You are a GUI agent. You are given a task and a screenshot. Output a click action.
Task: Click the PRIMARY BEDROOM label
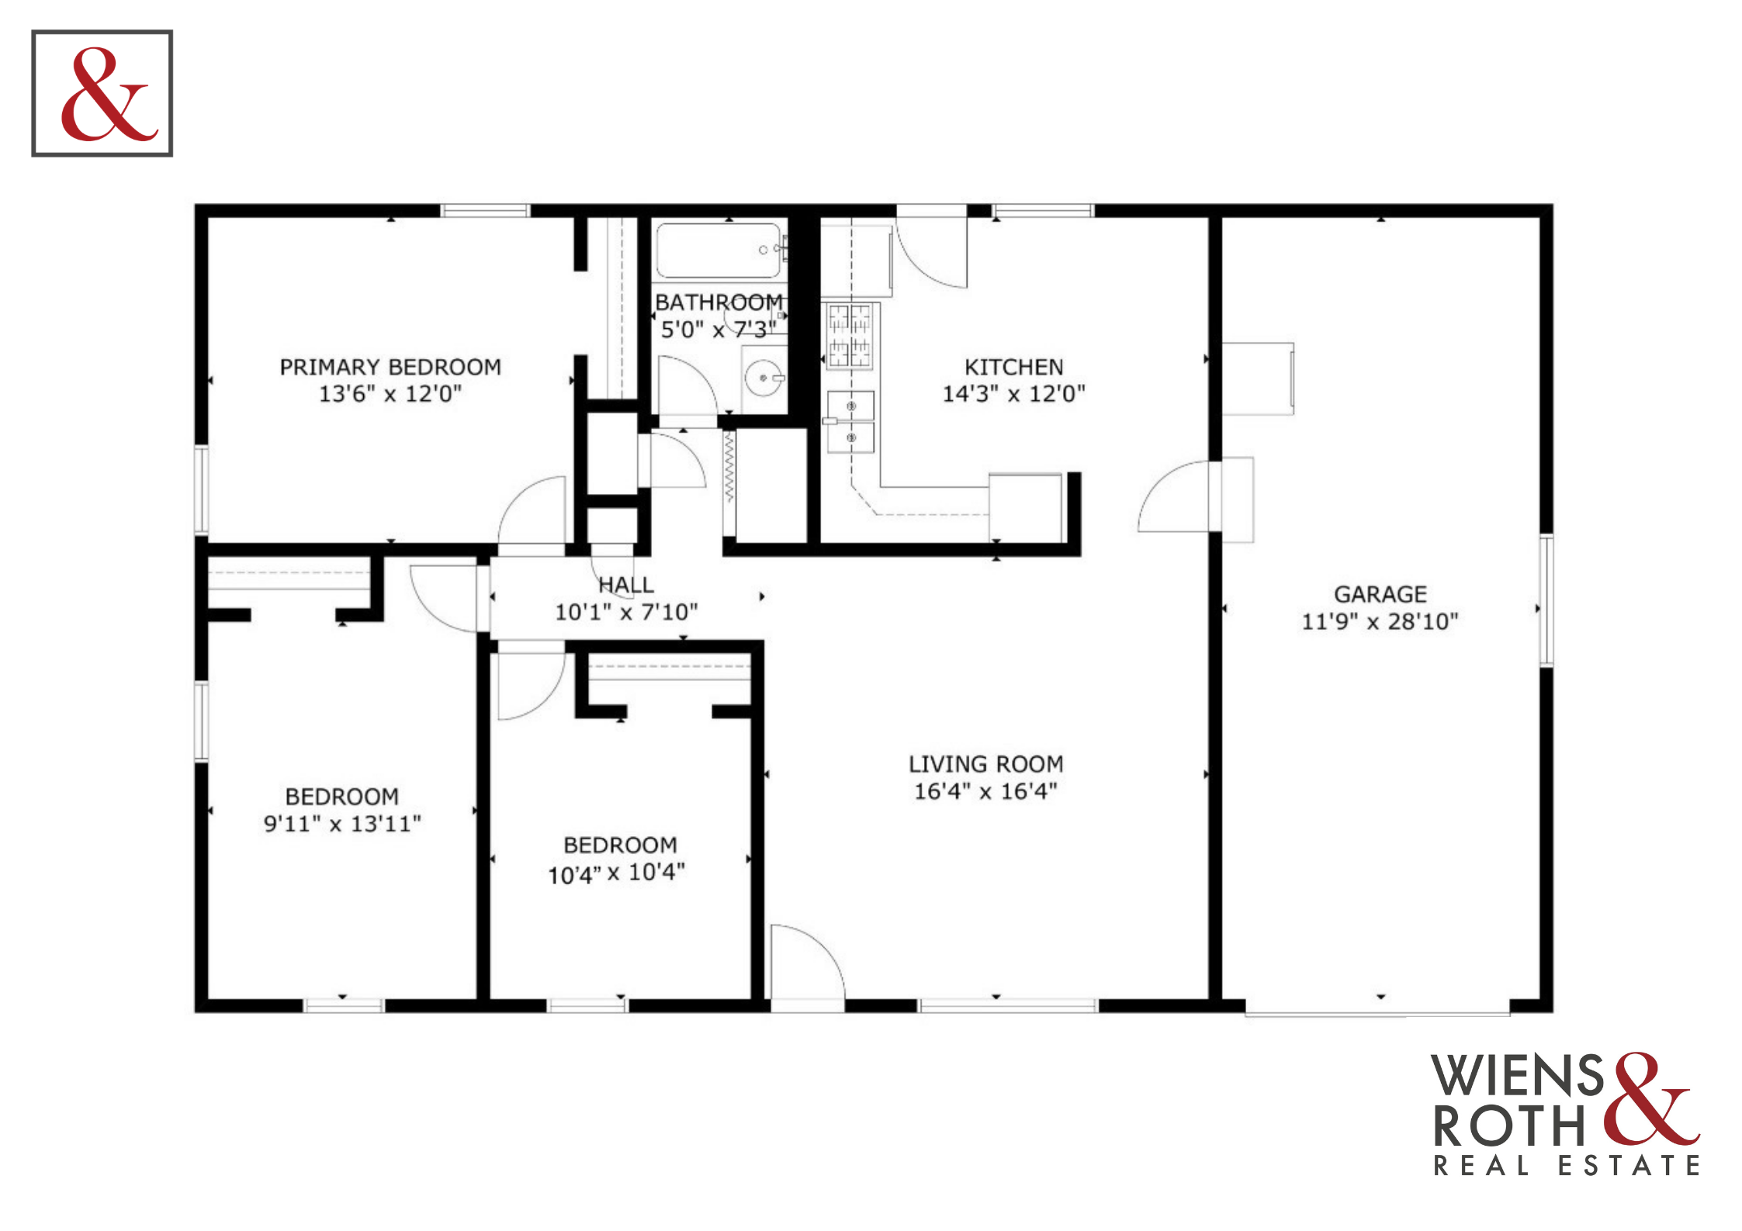pyautogui.click(x=390, y=367)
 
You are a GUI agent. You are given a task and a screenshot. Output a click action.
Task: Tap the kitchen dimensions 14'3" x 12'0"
pyautogui.click(x=1013, y=394)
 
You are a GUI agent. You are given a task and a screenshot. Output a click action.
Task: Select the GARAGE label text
pyautogui.click(x=1380, y=594)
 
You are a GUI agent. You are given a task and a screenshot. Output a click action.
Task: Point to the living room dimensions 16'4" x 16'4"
pyautogui.click(x=985, y=791)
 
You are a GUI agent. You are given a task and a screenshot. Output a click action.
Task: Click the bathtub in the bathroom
pyautogui.click(x=719, y=251)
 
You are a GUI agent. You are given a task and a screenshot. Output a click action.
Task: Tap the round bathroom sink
pyautogui.click(x=764, y=379)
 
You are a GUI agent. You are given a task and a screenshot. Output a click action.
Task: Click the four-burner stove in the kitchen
pyautogui.click(x=850, y=335)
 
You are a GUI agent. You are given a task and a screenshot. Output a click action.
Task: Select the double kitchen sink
pyautogui.click(x=850, y=422)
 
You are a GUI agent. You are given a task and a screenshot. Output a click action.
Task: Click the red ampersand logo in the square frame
pyautogui.click(x=109, y=94)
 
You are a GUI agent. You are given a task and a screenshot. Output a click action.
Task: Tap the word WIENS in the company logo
pyautogui.click(x=1518, y=1076)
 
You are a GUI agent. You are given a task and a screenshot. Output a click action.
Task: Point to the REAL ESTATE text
pyautogui.click(x=1566, y=1165)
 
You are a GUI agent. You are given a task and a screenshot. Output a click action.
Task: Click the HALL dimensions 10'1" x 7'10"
pyautogui.click(x=626, y=613)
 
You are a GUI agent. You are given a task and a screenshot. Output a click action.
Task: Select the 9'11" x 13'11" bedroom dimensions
pyautogui.click(x=342, y=824)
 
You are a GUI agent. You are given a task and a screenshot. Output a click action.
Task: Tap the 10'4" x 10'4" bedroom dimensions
pyautogui.click(x=617, y=873)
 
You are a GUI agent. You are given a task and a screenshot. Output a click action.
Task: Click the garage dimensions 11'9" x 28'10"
pyautogui.click(x=1380, y=621)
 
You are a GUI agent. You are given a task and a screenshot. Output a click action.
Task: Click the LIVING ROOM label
pyautogui.click(x=986, y=764)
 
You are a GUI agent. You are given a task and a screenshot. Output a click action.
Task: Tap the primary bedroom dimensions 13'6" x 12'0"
pyautogui.click(x=390, y=394)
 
